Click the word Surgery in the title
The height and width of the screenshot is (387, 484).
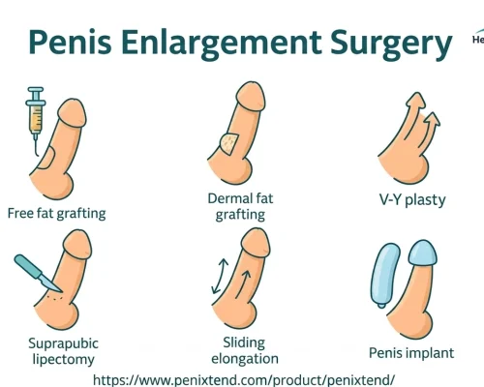point(391,44)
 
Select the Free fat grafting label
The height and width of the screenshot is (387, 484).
point(56,214)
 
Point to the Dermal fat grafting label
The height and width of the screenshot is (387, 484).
point(240,206)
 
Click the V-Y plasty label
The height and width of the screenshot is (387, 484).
point(412,200)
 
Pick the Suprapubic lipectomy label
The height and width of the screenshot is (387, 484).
point(63,351)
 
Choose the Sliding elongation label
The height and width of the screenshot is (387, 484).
point(245,350)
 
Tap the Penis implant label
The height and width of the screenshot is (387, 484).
point(411,353)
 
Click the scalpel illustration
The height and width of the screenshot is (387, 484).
point(37,274)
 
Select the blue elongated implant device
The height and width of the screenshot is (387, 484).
point(385,275)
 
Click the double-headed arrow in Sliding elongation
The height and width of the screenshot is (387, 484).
point(219,276)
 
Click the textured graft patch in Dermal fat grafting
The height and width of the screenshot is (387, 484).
point(229,144)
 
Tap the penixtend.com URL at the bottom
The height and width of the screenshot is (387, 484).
point(244,380)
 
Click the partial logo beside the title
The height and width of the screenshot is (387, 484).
point(478,37)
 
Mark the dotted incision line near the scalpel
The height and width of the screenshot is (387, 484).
point(54,297)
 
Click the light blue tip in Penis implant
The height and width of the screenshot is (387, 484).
point(423,253)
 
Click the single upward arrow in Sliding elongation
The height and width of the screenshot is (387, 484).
point(243,283)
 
